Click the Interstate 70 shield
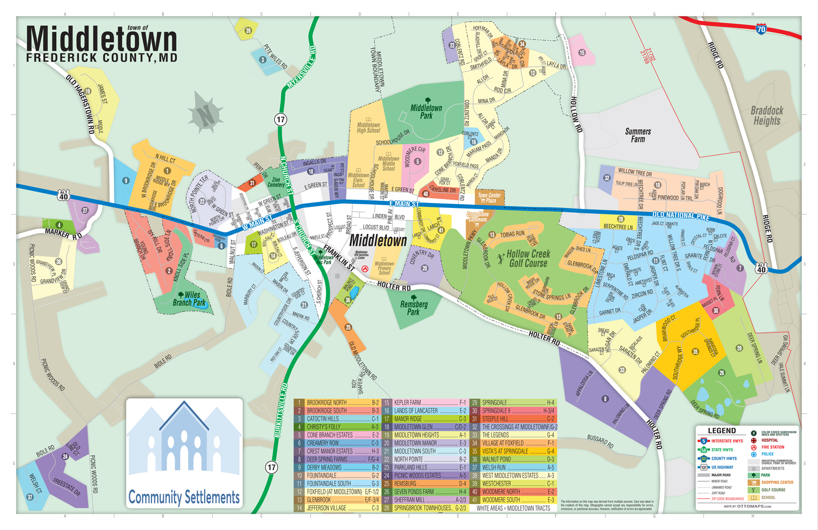[761, 29]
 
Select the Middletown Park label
[426, 112]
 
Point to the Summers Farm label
[637, 135]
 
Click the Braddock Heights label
[766, 116]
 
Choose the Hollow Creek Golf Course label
[527, 259]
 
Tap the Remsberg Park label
[413, 308]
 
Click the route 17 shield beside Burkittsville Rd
[271, 467]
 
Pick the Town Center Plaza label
[489, 198]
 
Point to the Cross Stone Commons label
[477, 217]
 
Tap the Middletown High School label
[368, 127]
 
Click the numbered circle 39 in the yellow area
[248, 31]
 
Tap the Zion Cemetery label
[276, 182]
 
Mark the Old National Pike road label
[681, 215]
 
